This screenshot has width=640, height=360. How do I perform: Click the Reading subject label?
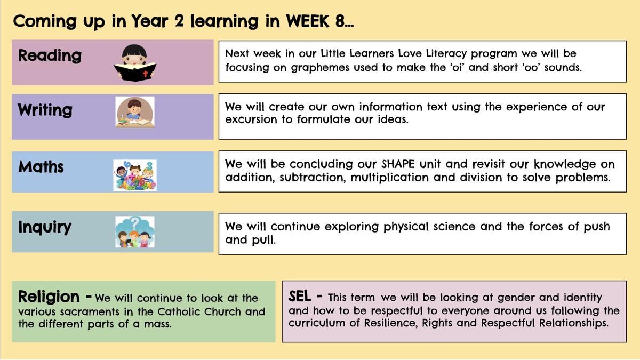50,55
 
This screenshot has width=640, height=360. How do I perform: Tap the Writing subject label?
45,110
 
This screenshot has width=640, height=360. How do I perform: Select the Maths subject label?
41,166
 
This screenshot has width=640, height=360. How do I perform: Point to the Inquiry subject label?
45,227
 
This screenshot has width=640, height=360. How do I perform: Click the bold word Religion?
49,297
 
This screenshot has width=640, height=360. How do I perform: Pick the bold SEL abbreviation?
299,297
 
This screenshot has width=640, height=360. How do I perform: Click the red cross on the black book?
146,74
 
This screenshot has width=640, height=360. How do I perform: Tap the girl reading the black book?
135,63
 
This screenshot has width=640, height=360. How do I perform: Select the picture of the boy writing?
135,111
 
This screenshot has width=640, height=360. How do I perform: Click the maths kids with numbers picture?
135,175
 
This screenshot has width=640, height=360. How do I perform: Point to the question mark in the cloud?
135,222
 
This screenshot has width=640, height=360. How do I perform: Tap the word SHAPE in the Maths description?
398,164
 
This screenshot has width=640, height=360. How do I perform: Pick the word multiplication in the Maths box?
389,178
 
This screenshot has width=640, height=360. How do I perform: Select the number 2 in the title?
179,21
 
